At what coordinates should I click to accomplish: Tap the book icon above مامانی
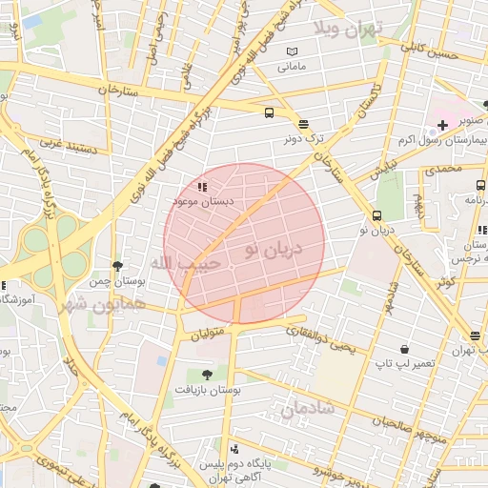292,51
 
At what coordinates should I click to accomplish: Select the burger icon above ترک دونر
303,124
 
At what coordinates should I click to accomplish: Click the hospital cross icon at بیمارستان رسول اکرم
443,126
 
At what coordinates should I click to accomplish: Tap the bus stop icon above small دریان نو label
376,215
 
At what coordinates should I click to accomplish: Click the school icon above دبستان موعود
201,187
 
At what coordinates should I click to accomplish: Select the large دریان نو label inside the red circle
272,249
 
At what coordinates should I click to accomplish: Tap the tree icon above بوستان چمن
116,266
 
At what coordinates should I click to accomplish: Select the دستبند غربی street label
64,146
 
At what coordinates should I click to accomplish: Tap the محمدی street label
442,169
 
